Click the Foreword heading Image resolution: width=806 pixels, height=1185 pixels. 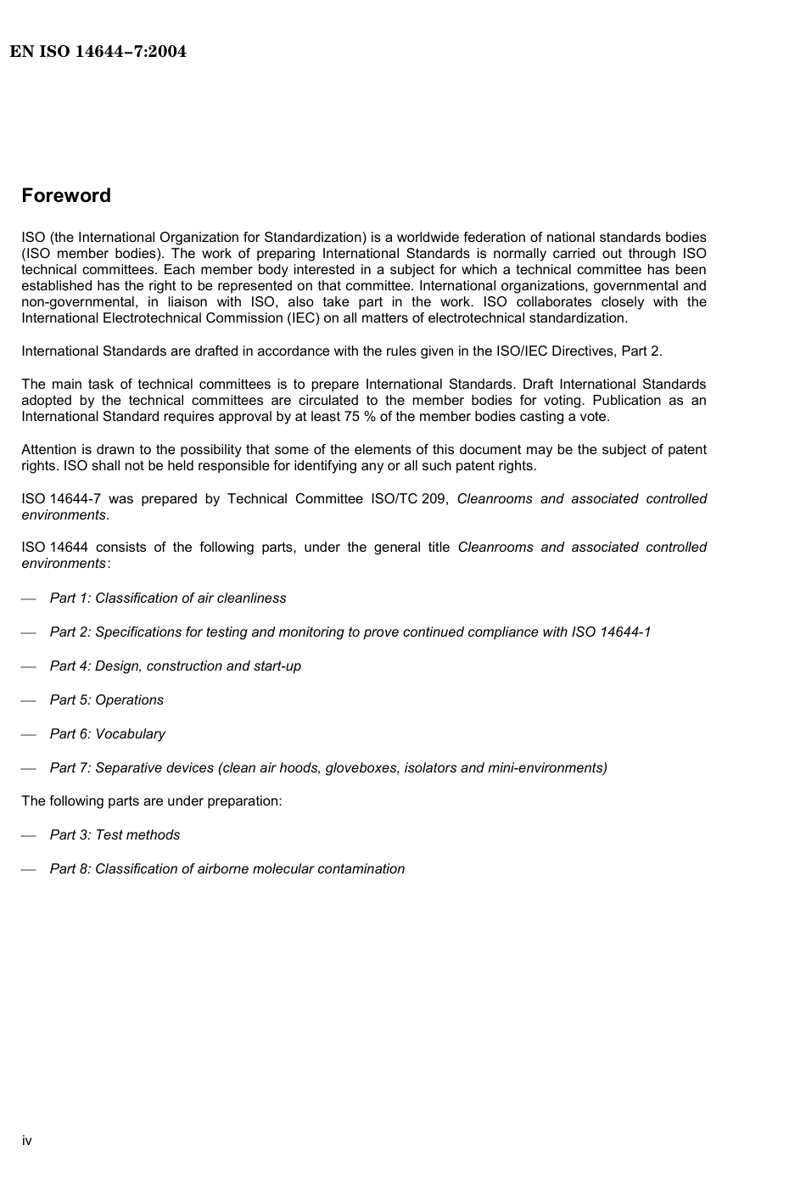point(66,196)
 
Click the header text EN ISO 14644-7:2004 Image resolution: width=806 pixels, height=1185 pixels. point(98,52)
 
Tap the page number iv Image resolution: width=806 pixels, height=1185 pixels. point(27,1140)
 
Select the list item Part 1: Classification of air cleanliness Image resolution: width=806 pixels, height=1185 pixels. point(168,598)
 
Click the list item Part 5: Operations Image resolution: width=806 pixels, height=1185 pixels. point(107,700)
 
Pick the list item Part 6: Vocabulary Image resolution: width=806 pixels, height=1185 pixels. point(108,734)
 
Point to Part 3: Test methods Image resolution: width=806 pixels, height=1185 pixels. point(115,835)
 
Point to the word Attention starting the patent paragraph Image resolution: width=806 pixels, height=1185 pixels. point(48,450)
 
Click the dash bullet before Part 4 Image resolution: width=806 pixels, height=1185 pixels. point(29,667)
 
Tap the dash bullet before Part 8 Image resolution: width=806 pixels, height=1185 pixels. point(29,870)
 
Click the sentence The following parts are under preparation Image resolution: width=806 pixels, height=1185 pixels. point(152,801)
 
